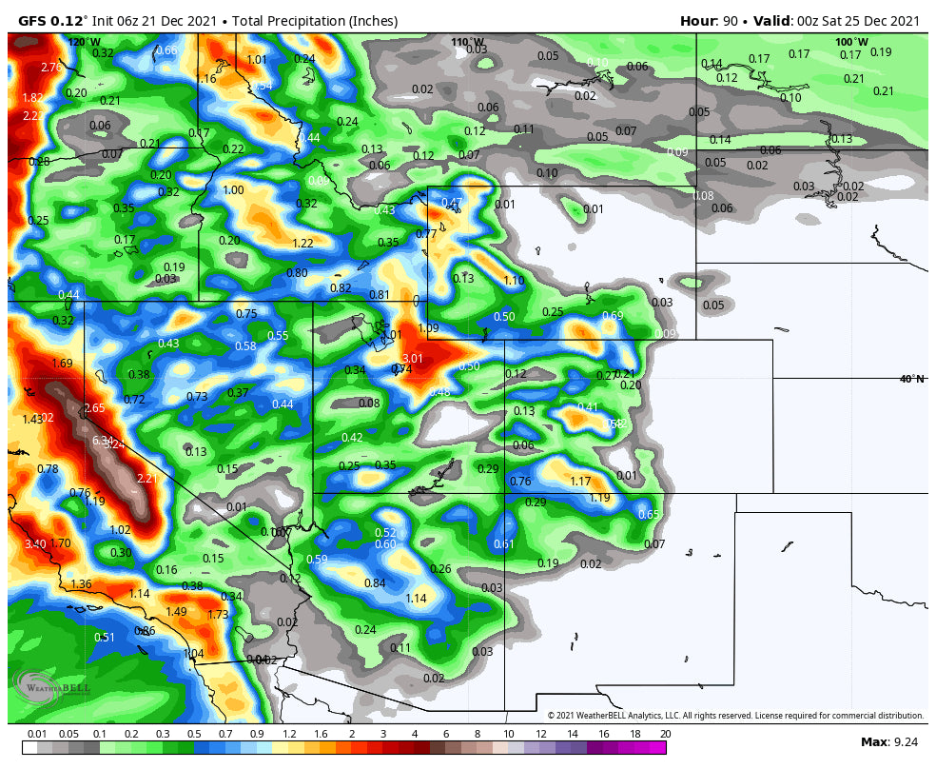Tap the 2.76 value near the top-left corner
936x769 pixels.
(51, 68)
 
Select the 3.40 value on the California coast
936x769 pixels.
(35, 544)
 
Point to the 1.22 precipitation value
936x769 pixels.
(302, 244)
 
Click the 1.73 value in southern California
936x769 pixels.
(218, 615)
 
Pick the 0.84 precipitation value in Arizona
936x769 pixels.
(375, 583)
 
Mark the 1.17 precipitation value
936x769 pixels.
(580, 482)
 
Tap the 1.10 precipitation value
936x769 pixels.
(514, 281)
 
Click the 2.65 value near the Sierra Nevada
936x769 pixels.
(94, 408)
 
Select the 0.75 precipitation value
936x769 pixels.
(246, 314)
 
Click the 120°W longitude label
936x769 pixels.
(84, 42)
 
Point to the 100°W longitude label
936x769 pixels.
(851, 42)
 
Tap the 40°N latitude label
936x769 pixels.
(912, 379)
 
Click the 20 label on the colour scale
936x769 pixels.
(665, 734)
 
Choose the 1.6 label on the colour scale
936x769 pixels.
(320, 734)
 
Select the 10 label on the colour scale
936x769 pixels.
(509, 734)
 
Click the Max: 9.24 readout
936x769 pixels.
(889, 741)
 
